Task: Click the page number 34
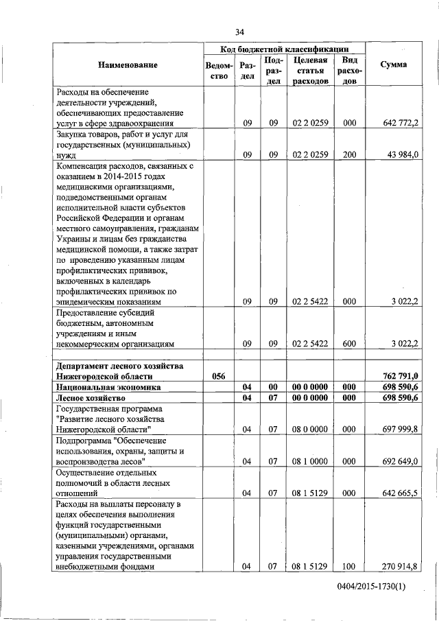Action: (x=240, y=32)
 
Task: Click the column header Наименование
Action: (x=126, y=65)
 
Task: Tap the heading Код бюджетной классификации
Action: (x=283, y=49)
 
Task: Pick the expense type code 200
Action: (x=350, y=155)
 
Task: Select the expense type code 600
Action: (x=350, y=343)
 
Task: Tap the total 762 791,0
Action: (x=399, y=376)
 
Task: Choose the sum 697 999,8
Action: (x=399, y=430)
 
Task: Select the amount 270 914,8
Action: (x=399, y=566)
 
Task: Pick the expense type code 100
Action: (x=350, y=566)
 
